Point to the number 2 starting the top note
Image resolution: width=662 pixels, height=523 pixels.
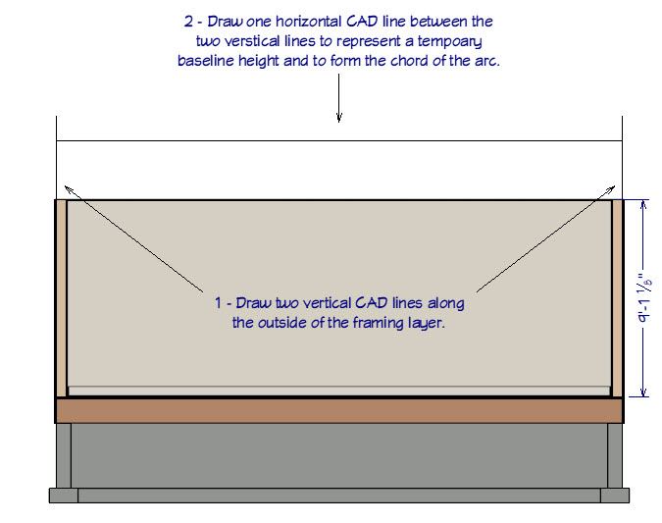(x=188, y=21)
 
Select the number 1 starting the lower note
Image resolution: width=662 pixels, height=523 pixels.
(x=218, y=303)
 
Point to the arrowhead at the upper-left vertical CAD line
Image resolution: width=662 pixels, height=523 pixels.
(x=65, y=187)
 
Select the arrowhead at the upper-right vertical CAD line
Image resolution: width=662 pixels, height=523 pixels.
(x=614, y=187)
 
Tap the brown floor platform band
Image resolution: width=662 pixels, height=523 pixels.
(x=339, y=410)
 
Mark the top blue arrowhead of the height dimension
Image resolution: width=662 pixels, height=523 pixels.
(x=643, y=204)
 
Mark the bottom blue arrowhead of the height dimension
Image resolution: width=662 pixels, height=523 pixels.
(x=643, y=392)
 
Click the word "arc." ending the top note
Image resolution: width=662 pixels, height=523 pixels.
(x=486, y=61)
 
